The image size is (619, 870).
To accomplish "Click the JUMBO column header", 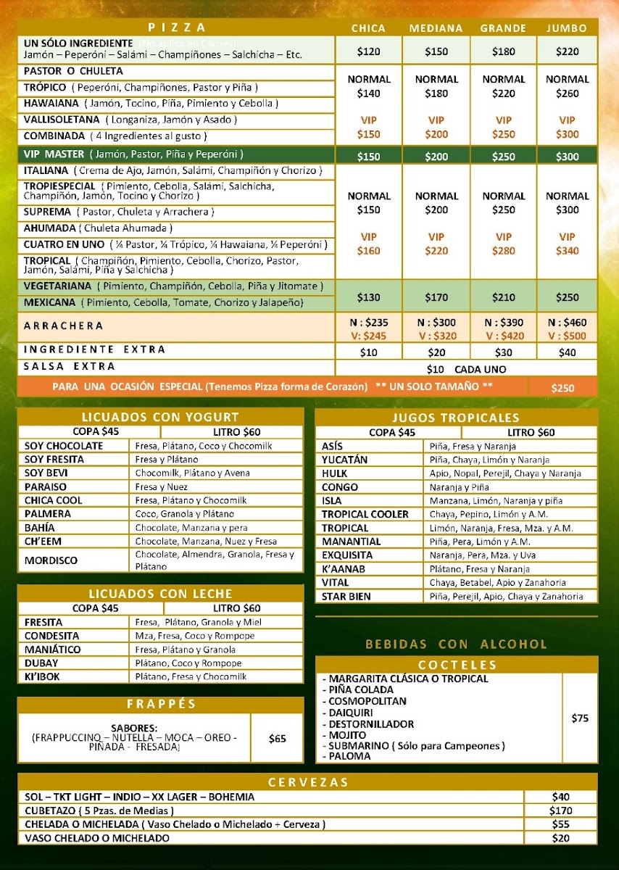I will (568, 28).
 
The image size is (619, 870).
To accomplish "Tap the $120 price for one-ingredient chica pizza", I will (368, 51).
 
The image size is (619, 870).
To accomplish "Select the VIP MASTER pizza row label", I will (54, 154).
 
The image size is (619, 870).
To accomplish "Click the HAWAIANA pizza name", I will (50, 103).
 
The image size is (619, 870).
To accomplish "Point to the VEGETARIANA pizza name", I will (58, 286).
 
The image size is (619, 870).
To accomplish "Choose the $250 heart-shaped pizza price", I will (562, 388).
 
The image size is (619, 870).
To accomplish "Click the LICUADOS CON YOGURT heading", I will (160, 417).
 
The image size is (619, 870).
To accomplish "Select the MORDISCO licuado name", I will (51, 560).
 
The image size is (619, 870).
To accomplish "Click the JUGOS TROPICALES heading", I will (456, 418).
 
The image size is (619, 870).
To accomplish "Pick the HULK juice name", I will (335, 473).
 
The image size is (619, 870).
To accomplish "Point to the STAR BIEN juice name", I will (346, 597).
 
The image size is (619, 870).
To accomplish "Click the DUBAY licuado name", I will (42, 663).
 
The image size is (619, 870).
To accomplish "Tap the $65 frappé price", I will (277, 739).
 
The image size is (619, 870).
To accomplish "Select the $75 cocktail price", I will (580, 718).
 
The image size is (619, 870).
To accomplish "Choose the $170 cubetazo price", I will (561, 811).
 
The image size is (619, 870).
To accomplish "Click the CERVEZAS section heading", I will (308, 782).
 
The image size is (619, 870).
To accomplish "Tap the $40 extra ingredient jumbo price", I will (568, 352).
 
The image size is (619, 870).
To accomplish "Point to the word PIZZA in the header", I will (178, 28).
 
